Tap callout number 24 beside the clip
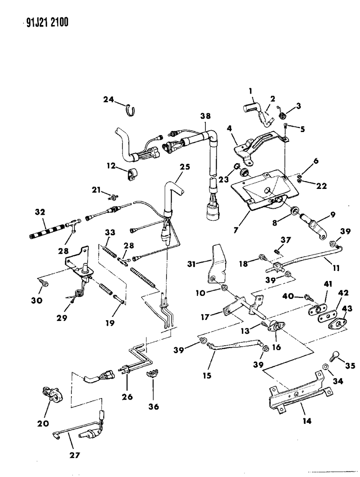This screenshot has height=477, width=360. [x=109, y=100]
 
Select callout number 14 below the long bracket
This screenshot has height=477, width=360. [x=306, y=421]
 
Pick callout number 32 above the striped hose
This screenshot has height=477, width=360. [x=40, y=212]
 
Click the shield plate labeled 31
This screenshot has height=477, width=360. [x=217, y=264]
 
